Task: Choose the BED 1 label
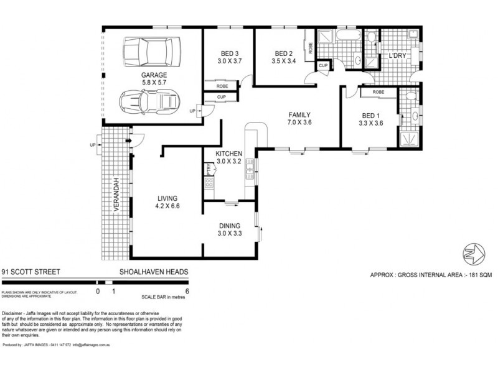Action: [x=372, y=114]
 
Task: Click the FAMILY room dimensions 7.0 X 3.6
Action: [x=299, y=123]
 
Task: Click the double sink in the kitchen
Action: [x=250, y=167]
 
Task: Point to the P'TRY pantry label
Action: [x=206, y=169]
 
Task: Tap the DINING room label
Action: [x=229, y=226]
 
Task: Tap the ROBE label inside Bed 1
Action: [x=378, y=92]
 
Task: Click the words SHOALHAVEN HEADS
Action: [x=154, y=272]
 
